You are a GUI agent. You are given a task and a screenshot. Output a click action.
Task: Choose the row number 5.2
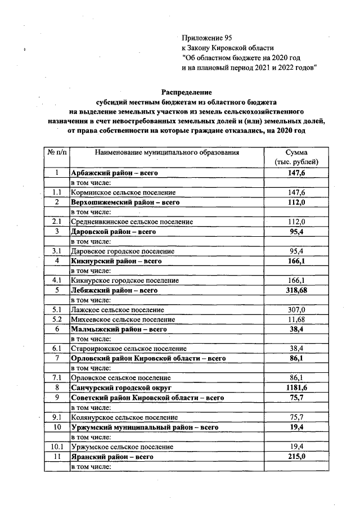[56, 319]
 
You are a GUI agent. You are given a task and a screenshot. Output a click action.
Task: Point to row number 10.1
[56, 447]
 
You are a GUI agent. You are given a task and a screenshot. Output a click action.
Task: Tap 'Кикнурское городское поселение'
[124, 280]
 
